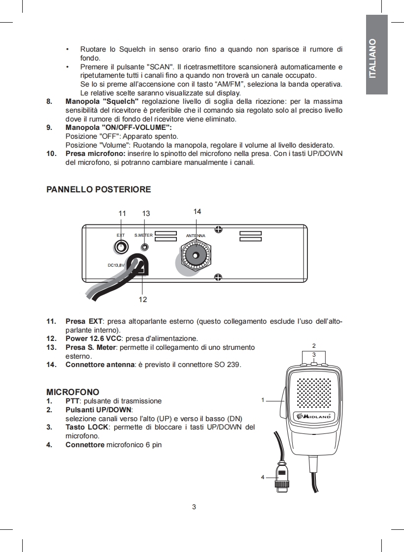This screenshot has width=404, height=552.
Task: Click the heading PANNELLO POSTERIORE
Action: (x=98, y=189)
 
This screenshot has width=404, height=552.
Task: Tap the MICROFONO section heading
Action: (x=72, y=392)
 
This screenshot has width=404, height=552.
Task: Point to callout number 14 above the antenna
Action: (x=197, y=211)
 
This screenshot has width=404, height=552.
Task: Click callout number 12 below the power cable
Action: (x=143, y=299)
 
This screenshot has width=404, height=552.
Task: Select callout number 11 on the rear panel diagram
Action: (x=122, y=214)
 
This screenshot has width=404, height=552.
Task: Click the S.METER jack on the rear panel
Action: (x=144, y=246)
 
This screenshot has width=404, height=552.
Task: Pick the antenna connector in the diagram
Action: (x=196, y=256)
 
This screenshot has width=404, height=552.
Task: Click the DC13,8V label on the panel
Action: (x=116, y=265)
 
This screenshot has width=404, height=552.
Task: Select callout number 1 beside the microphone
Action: (x=263, y=400)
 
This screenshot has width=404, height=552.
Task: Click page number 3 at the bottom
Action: (x=194, y=507)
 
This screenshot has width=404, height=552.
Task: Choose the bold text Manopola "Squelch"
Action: (x=102, y=101)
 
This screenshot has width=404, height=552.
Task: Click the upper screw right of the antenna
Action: (x=218, y=229)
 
